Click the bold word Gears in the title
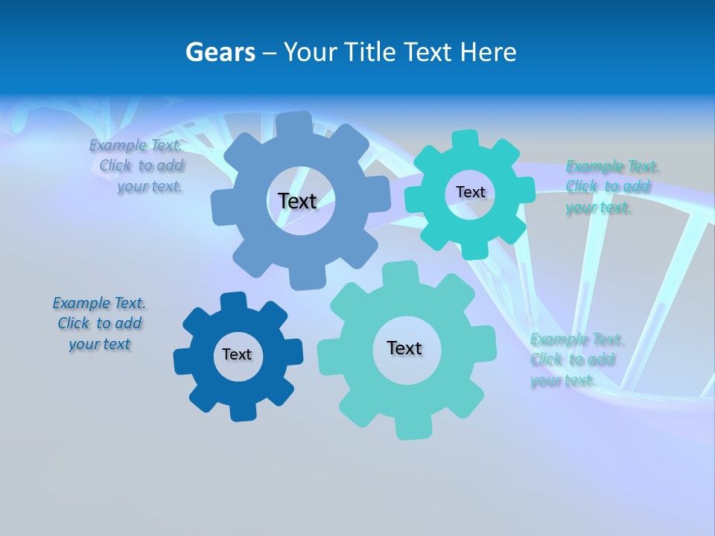coord(220,52)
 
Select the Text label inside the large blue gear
coord(297,201)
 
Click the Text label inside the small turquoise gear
coord(470,192)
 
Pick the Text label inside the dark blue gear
coord(237,354)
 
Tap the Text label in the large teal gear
coord(404,348)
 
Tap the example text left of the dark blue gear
coord(100,323)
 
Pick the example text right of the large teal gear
coord(573,360)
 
